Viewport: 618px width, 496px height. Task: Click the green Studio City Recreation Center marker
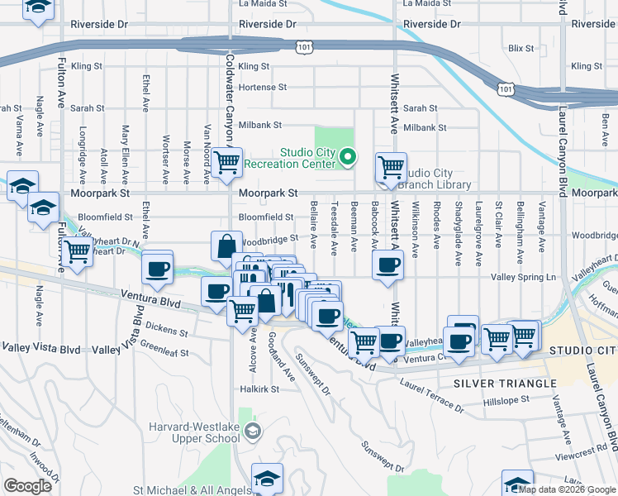pos(349,156)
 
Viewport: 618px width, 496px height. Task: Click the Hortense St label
pos(262,87)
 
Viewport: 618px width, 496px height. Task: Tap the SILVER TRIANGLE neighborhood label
pos(494,384)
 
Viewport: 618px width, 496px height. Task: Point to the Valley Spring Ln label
pos(524,277)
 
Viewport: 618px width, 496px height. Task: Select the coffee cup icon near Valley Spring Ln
pos(387,265)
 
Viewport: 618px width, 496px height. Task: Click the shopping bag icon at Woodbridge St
pos(226,246)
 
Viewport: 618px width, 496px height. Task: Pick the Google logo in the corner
pos(27,486)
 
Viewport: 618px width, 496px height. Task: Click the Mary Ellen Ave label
pos(126,154)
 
